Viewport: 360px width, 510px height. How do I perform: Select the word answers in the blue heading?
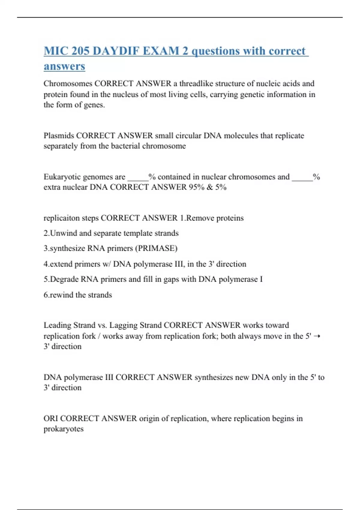pos(64,66)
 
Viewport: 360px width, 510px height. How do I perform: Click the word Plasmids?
pos(58,136)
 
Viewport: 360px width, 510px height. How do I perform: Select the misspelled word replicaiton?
pos(61,218)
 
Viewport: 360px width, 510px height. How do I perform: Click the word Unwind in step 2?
pos(61,233)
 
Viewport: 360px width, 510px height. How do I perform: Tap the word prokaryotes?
pos(63,429)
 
